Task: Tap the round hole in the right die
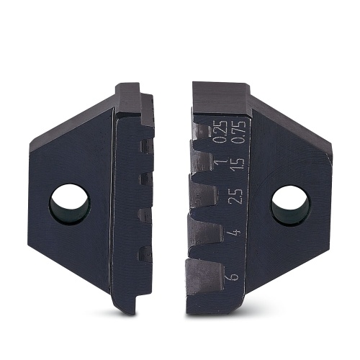click(290, 204)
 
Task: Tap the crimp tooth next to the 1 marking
click(201, 155)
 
